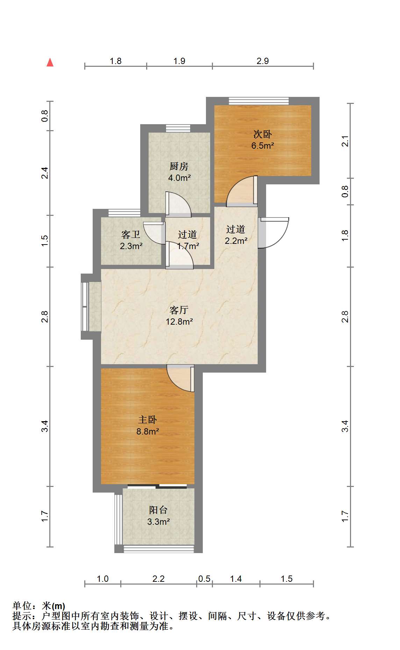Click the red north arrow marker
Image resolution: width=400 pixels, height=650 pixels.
50,62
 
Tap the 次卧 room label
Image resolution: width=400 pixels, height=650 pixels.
263,134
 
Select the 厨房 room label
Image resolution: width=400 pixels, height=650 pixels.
179,166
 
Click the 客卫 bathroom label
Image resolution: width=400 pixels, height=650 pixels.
131,234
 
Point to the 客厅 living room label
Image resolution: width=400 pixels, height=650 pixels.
179,310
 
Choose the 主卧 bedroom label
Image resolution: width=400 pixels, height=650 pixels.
148,419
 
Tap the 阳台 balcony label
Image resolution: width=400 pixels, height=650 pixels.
158,510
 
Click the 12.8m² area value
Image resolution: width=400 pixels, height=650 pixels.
179,321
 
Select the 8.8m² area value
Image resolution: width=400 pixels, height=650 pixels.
148,431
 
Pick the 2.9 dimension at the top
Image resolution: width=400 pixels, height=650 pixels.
263,61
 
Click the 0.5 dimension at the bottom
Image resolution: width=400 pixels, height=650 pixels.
204,579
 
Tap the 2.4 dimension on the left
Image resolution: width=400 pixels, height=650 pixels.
44,173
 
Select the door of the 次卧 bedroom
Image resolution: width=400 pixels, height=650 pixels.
242,191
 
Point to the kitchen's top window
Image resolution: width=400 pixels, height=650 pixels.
178,128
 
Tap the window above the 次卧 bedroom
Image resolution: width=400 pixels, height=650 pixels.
259,101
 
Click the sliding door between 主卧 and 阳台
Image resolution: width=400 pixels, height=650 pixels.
157,486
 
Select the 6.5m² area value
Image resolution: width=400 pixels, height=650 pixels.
263,146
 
